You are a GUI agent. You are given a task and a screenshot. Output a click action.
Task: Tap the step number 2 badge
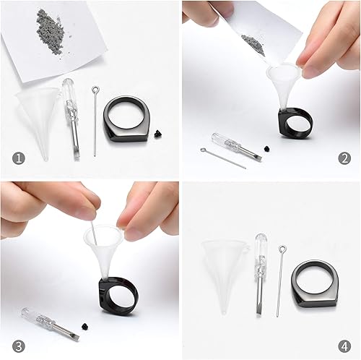click(344, 157)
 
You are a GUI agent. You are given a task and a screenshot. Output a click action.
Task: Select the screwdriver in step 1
click(71, 116)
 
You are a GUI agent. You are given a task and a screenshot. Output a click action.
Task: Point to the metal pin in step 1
click(96, 119)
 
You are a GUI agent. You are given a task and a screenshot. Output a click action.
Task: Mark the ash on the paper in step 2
click(253, 43)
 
